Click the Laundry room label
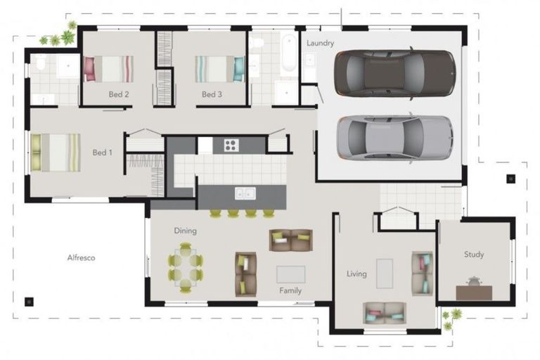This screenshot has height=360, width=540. tap(320, 43)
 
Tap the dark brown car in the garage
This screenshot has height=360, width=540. tap(394, 73)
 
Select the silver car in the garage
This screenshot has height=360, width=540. tap(394, 138)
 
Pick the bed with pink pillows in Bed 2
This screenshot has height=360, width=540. tap(108, 69)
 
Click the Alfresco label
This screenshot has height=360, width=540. tap(81, 258)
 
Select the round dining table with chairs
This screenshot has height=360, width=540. tap(185, 267)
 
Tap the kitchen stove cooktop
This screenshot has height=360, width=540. tap(231, 145)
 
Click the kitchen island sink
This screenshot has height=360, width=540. tap(245, 193)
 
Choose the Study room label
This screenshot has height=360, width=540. tap(473, 255)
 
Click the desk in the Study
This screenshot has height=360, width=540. tap(474, 292)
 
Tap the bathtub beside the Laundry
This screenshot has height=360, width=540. tap(289, 54)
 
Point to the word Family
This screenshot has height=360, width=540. tap(290, 290)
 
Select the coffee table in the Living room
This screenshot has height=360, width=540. tap(384, 273)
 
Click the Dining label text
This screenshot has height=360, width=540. tap(186, 231)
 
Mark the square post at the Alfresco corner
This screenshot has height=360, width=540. tap(29, 302)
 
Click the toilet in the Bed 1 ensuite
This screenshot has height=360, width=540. tap(41, 64)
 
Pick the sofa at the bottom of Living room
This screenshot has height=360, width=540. tap(385, 313)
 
